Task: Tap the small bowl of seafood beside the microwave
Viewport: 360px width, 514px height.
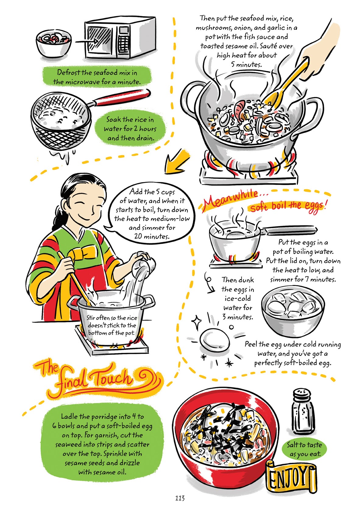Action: click(x=53, y=44)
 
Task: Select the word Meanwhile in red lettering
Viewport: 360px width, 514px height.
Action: click(x=230, y=200)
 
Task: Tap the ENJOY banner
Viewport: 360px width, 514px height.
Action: click(x=291, y=477)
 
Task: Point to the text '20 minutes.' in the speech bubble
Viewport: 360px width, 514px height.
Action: click(x=151, y=236)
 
